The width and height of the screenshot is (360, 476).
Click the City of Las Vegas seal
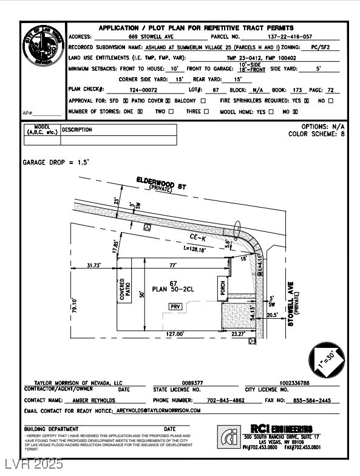coord(43,45)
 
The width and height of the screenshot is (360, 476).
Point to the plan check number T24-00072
coord(144,89)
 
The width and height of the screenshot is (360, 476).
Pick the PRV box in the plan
coord(175,307)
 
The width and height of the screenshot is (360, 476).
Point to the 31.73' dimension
coord(93,265)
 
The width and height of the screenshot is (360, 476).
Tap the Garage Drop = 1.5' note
coord(56,163)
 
